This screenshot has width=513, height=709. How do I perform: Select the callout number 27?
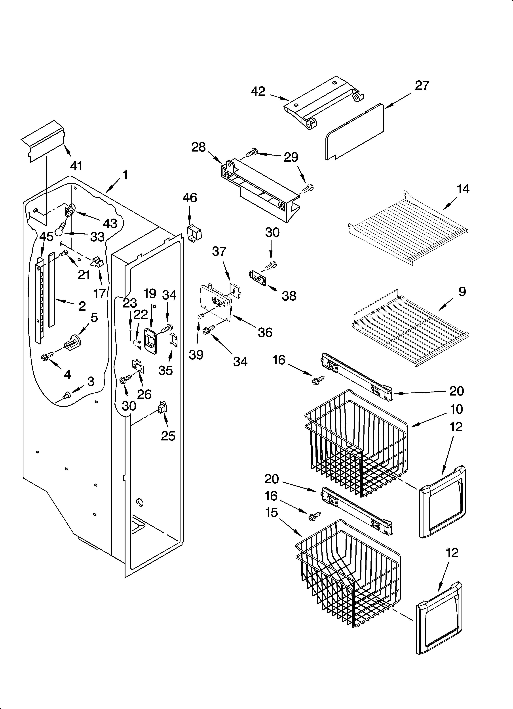[x=422, y=85]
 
